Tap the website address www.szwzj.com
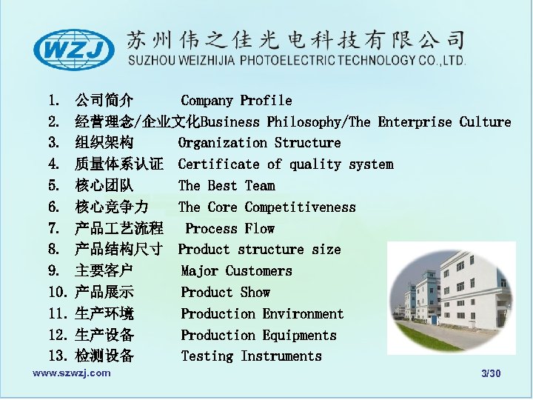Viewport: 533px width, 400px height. [x=72, y=373]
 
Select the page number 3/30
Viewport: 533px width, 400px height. [x=491, y=373]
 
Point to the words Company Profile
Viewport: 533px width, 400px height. [x=236, y=100]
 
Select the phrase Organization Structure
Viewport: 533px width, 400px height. [x=259, y=143]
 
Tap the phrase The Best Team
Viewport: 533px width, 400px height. [x=227, y=186]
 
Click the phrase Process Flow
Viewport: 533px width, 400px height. [x=229, y=229]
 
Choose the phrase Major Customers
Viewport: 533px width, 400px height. [x=236, y=271]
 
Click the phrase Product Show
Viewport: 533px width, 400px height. [x=225, y=293]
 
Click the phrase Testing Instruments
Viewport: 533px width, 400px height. [x=251, y=356]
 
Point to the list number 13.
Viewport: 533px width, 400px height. [x=57, y=356]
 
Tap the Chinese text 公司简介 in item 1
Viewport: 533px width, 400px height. [x=104, y=100]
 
